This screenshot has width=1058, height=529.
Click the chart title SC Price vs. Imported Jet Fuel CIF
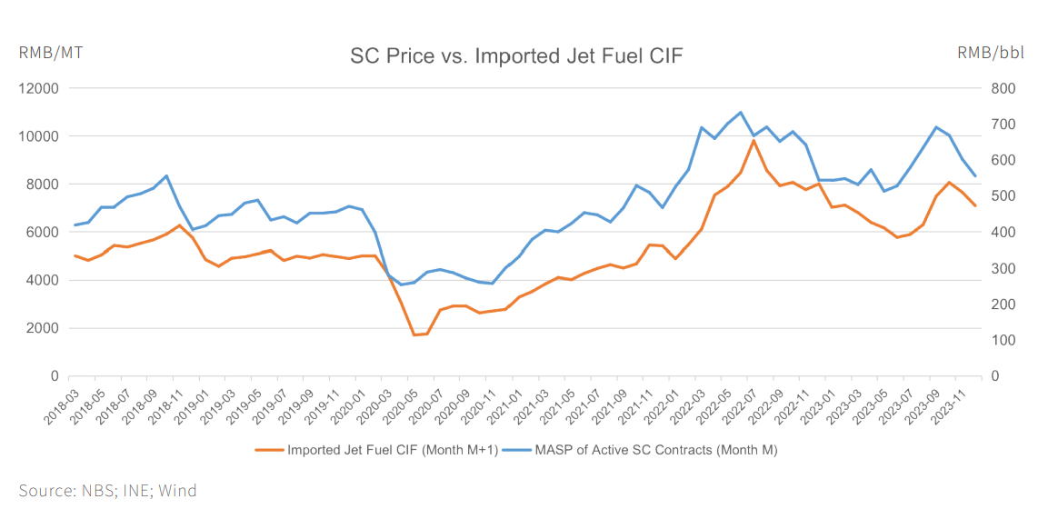click(x=516, y=56)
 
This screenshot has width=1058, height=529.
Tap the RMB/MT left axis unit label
click(x=51, y=53)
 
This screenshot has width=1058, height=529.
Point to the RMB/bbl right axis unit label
click(x=991, y=53)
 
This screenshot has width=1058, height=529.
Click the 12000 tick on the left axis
click(x=40, y=88)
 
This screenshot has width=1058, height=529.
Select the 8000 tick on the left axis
click(x=44, y=185)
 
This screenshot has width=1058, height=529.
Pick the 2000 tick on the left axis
click(x=44, y=328)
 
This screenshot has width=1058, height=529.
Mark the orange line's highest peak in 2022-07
click(x=754, y=140)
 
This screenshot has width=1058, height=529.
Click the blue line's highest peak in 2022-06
click(x=741, y=113)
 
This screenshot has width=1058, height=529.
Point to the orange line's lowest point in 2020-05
click(x=414, y=334)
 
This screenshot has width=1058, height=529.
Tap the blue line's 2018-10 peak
click(x=166, y=175)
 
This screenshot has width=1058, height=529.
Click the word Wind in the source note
click(x=177, y=491)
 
